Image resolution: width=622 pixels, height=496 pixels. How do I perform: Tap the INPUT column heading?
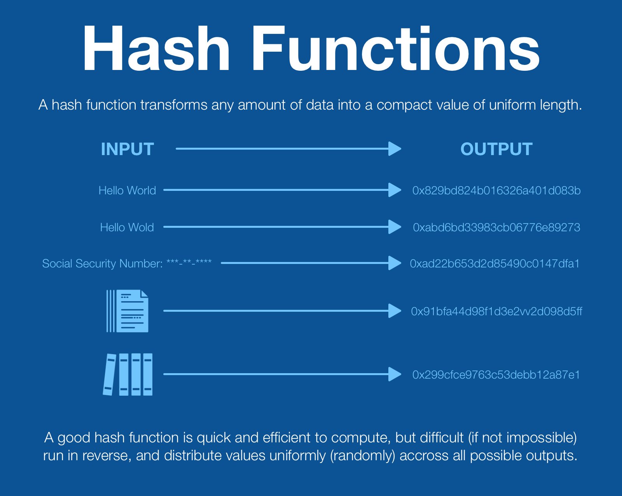(x=127, y=149)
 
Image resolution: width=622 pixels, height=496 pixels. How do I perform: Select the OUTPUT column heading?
(x=496, y=149)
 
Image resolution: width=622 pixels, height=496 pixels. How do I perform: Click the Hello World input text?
(x=127, y=190)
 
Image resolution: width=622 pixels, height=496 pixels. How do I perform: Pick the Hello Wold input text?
(x=127, y=227)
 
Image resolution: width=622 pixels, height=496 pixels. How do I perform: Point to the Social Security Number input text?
(x=127, y=264)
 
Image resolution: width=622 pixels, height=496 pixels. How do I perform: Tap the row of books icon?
(x=128, y=374)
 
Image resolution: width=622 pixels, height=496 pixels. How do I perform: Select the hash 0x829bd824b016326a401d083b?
(x=496, y=190)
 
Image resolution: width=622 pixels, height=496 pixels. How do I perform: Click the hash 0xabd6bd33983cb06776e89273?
(x=496, y=227)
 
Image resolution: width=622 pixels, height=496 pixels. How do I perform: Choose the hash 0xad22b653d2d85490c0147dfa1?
(x=494, y=264)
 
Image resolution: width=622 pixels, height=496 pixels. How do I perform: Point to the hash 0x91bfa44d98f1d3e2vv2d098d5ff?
(x=496, y=311)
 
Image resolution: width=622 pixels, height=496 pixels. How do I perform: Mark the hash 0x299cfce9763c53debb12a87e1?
(x=496, y=375)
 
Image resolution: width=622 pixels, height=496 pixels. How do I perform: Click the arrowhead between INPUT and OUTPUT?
(x=394, y=148)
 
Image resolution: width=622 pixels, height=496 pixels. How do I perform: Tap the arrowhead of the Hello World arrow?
(x=394, y=190)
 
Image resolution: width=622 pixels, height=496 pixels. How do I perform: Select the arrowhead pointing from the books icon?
(x=394, y=374)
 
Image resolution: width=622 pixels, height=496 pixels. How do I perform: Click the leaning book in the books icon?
(x=110, y=375)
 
